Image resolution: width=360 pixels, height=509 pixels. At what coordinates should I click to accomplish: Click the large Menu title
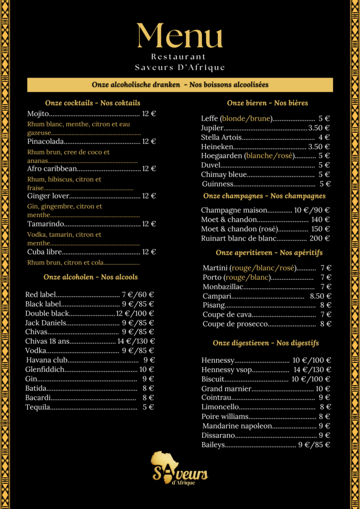coord(180,36)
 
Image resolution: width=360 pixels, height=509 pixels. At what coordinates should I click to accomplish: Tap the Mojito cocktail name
coord(38,114)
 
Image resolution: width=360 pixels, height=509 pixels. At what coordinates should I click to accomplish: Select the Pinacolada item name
coord(45,142)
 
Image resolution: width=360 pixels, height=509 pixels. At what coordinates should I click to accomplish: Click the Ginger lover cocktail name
coord(48,196)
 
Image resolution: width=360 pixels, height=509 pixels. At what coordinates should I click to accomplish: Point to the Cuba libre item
coord(44,252)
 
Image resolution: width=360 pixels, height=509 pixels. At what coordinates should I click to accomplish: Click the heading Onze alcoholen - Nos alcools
coord(90,277)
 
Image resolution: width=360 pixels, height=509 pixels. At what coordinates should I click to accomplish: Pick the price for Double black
coord(135,314)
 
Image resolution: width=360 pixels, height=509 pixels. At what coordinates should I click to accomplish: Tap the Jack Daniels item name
coord(45,323)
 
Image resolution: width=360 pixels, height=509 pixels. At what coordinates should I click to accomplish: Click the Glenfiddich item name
coord(45,369)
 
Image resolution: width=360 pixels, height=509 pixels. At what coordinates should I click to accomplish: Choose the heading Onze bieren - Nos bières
coord(268,103)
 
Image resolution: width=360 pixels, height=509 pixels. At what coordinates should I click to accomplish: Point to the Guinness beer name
coord(218,184)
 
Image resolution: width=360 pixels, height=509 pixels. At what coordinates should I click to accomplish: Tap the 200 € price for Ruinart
coord(320,239)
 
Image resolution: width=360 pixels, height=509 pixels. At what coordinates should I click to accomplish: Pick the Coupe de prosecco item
coord(235,324)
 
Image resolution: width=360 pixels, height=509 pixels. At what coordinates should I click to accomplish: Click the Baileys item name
coord(213,445)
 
